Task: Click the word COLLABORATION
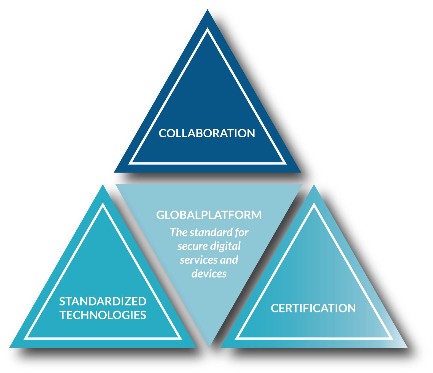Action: click(207, 134)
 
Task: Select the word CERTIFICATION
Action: click(313, 308)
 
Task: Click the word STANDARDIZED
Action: click(103, 302)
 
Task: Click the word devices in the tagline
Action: click(209, 274)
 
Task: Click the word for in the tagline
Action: click(242, 233)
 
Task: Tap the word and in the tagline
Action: click(229, 260)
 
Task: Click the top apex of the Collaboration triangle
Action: click(208, 10)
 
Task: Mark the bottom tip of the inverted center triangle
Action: click(209, 346)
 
